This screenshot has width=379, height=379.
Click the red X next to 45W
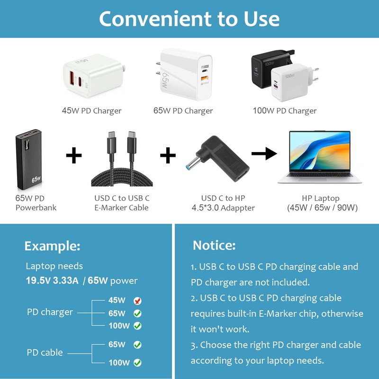point(137,301)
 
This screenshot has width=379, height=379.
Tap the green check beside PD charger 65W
point(137,313)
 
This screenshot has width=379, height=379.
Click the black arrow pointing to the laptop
point(264,153)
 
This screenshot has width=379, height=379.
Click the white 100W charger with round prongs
point(289,83)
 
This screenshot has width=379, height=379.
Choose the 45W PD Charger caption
point(91,111)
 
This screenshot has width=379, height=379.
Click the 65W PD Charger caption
point(183,111)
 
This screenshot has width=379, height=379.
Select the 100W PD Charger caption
point(284,111)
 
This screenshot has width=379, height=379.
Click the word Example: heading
point(52,246)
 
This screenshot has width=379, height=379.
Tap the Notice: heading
point(214,245)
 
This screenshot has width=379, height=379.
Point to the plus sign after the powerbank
point(73,155)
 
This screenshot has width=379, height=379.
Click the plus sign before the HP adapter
point(168,155)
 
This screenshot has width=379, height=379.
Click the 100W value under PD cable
point(119,363)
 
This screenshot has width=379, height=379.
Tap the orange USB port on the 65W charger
point(205,78)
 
